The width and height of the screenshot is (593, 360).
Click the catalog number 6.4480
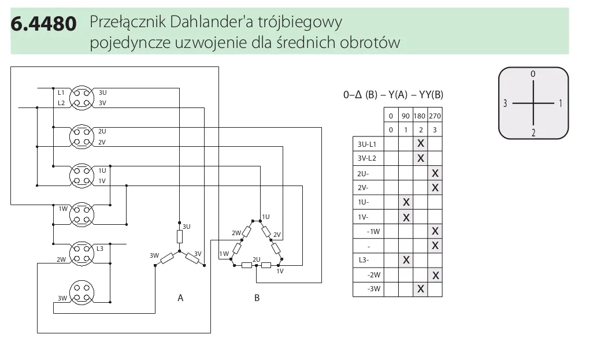(43, 24)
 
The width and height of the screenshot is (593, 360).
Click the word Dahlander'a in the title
(213, 23)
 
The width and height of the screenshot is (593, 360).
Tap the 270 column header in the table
(435, 116)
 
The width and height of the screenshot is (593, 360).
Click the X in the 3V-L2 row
(421, 158)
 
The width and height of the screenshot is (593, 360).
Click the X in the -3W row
(421, 289)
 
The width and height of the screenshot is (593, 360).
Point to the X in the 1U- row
(406, 202)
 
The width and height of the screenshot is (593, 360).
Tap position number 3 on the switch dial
(505, 104)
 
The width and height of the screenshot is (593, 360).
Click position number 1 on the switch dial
(560, 104)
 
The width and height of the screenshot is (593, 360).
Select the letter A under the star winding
(180, 298)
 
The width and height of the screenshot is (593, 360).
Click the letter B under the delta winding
(257, 298)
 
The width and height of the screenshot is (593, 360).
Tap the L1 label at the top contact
(61, 92)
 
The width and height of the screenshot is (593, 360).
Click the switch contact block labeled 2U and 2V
(81, 136)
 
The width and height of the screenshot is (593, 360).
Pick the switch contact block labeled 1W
(81, 214)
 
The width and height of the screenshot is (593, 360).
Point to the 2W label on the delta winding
(236, 233)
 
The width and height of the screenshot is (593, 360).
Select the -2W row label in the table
(373, 274)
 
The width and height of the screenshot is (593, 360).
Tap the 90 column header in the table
(406, 116)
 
